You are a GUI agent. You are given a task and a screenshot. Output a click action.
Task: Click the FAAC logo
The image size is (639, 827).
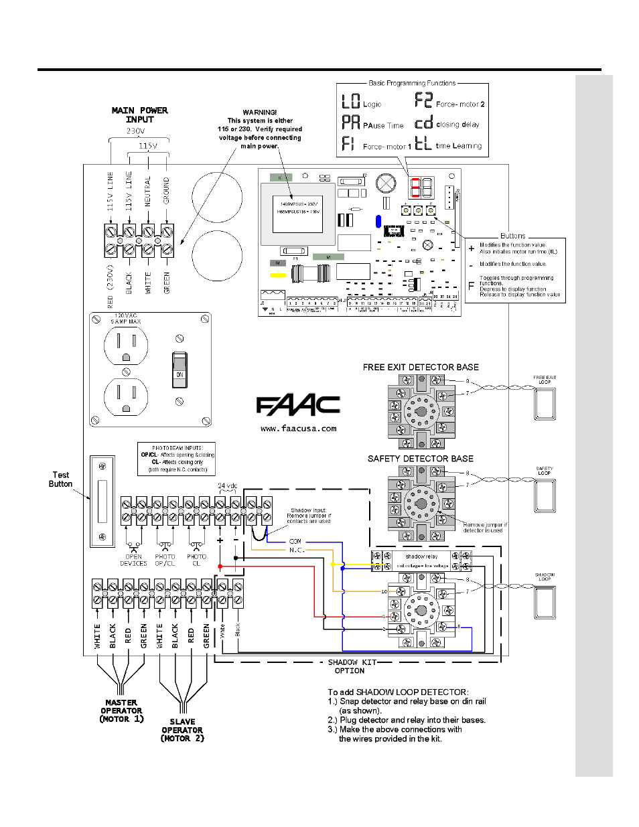298,405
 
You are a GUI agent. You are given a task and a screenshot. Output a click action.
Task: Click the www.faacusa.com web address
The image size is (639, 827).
298,429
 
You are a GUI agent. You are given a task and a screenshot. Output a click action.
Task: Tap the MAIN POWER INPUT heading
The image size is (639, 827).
139,115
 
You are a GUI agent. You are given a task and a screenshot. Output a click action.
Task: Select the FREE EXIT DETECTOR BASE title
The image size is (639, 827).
421,367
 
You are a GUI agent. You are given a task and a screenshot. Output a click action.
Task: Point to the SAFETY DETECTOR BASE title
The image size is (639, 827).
420,459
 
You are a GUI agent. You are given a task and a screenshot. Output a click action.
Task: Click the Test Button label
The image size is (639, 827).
60,479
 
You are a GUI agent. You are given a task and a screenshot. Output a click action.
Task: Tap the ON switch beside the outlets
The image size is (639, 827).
180,369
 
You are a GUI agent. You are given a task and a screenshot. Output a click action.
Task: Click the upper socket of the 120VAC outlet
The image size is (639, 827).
126,346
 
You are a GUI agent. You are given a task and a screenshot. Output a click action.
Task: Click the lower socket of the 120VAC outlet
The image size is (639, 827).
126,396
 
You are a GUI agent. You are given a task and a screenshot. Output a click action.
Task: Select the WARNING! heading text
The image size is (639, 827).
260,112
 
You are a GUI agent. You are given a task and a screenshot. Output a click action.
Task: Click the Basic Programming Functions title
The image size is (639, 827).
412,83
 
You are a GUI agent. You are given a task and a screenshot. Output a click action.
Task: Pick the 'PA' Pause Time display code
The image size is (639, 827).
351,123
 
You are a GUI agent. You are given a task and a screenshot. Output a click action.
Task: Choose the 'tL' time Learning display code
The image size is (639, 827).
423,143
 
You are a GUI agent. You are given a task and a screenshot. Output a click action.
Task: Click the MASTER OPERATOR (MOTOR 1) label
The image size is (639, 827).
121,710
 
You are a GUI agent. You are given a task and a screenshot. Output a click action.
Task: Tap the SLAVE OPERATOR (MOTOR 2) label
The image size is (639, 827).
182,730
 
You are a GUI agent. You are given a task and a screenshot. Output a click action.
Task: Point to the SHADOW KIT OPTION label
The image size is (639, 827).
350,666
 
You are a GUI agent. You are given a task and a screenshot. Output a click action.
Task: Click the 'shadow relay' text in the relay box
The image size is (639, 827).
421,556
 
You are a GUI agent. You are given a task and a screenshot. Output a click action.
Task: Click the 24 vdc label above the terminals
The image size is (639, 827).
227,486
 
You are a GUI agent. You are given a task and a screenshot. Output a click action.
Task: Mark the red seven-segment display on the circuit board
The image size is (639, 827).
415,187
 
